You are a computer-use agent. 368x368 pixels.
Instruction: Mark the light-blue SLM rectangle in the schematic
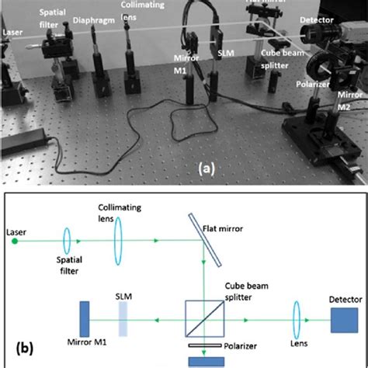tap(123, 318)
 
